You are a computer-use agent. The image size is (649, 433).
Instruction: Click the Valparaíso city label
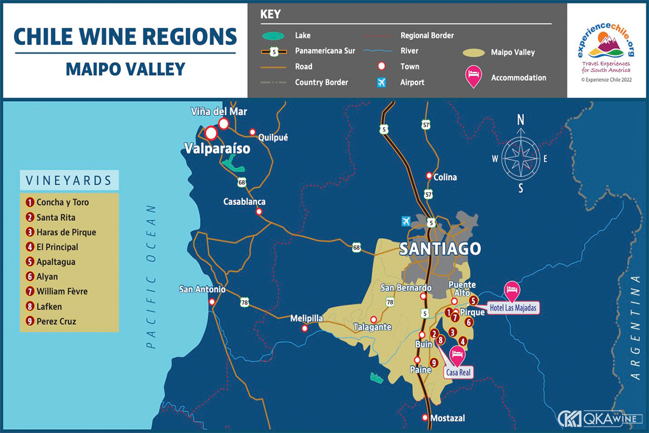(217, 148)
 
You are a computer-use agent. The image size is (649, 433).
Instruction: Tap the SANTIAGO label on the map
(440, 249)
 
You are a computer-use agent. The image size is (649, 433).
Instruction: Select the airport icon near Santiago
(407, 221)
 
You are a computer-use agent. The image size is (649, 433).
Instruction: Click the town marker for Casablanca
(259, 212)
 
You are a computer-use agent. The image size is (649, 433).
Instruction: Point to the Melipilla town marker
(305, 329)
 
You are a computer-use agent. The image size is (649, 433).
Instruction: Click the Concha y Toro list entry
(63, 202)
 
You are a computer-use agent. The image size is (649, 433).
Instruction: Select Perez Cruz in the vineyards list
(56, 321)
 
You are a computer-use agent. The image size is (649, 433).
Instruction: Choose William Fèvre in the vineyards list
(62, 291)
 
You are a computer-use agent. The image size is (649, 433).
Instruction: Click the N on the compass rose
(521, 120)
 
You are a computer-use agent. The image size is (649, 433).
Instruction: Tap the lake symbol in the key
(274, 36)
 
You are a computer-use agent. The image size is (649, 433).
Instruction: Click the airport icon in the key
(382, 82)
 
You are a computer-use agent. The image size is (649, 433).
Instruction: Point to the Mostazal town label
(447, 418)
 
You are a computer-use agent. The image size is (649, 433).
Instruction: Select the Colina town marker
(429, 176)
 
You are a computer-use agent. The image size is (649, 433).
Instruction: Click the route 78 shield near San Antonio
(245, 303)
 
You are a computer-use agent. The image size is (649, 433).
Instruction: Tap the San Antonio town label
(202, 290)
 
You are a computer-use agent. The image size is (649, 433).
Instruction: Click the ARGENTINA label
(635, 327)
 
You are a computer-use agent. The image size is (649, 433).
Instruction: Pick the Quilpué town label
(273, 137)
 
